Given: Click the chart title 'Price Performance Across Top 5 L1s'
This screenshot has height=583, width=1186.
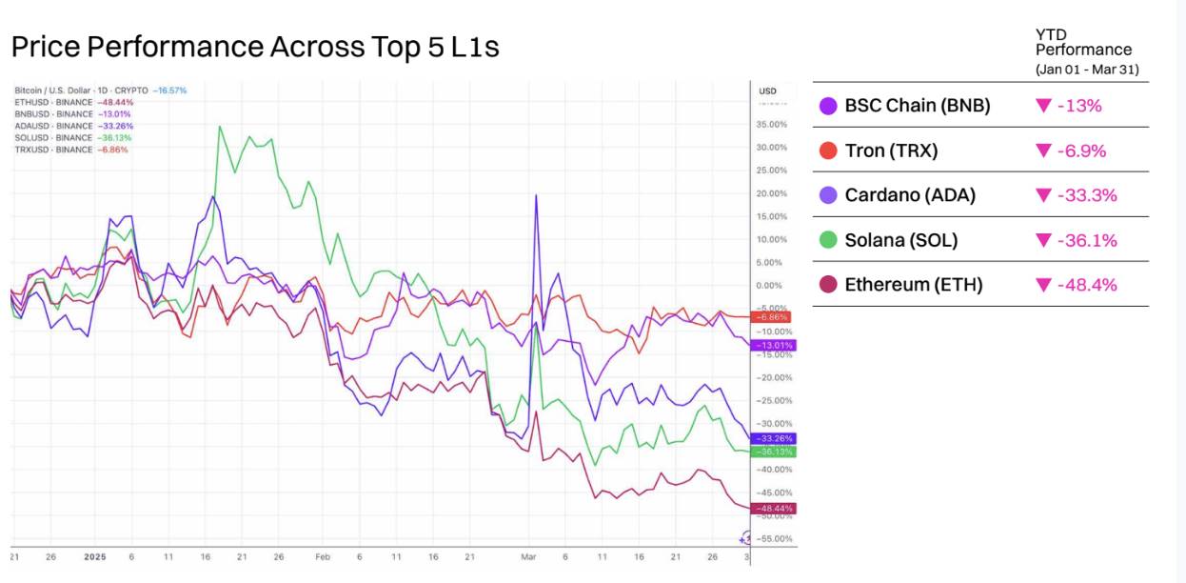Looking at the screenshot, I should click(x=255, y=47).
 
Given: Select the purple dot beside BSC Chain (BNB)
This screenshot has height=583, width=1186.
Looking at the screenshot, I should click(x=827, y=106).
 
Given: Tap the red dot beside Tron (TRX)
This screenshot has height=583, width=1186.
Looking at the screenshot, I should click(x=827, y=151).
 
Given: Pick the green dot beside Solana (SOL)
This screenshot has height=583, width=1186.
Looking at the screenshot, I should click(x=827, y=240).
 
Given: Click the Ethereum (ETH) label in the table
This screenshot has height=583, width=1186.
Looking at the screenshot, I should click(x=914, y=285).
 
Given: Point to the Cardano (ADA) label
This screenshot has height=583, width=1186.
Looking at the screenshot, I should click(x=910, y=195).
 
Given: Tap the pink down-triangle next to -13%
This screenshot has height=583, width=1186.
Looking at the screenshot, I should click(x=1043, y=106).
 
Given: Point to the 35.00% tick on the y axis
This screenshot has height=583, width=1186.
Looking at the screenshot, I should click(x=772, y=124).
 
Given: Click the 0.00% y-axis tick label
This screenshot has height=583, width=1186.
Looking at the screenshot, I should click(x=769, y=285).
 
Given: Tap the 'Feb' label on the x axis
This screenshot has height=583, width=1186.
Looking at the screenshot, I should click(x=322, y=556).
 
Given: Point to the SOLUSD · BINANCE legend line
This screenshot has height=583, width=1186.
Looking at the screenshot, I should click(x=73, y=137).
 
